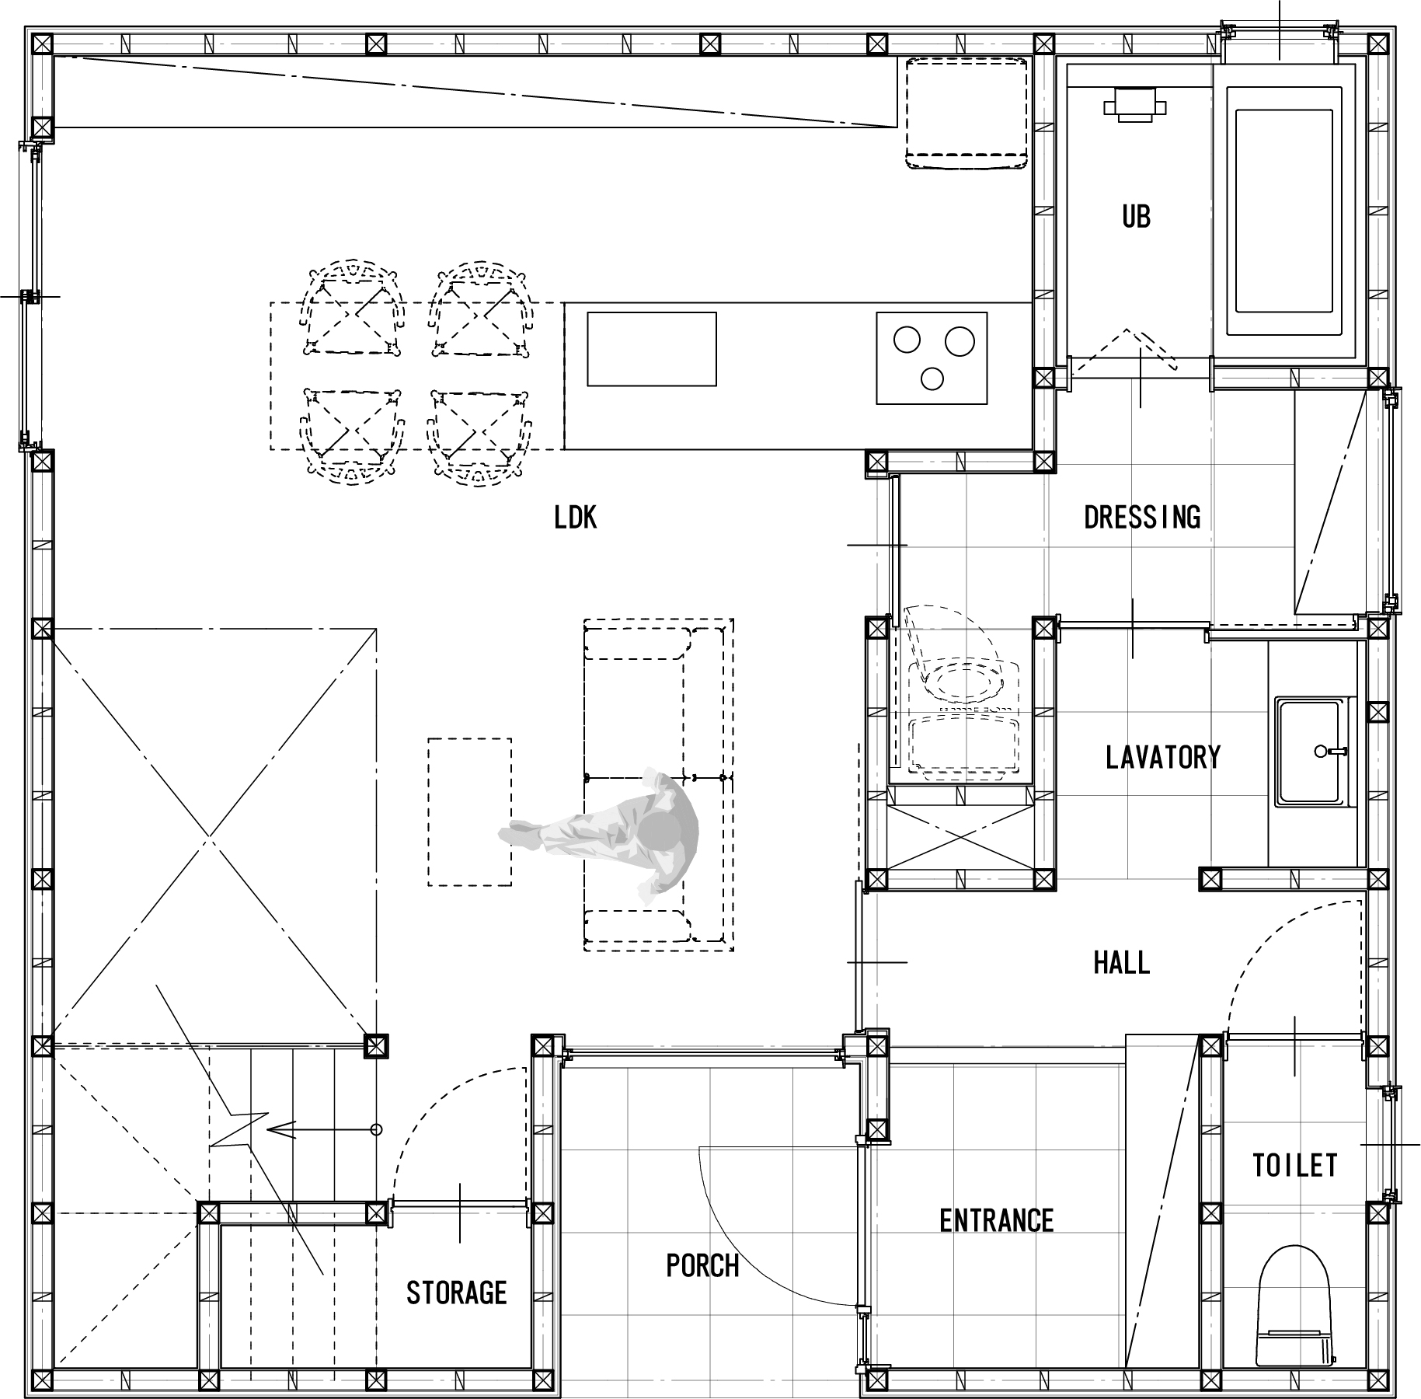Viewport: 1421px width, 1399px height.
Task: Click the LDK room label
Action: click(576, 518)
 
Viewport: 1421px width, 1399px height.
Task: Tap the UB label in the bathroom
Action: click(1136, 217)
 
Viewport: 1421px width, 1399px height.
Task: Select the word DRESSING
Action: click(1142, 517)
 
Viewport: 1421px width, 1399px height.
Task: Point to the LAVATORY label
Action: click(1163, 757)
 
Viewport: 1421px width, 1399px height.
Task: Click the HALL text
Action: click(1122, 964)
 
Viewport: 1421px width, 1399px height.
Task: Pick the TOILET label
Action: click(1295, 1165)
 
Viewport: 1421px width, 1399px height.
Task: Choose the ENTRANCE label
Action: click(997, 1221)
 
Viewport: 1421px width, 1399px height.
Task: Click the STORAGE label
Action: click(457, 1293)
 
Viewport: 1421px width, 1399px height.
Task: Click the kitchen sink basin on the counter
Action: click(652, 349)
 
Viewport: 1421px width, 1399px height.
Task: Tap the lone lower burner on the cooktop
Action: click(932, 378)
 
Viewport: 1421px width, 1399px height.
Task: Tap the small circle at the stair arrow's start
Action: click(377, 1129)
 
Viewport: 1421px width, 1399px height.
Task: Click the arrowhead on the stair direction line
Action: click(280, 1129)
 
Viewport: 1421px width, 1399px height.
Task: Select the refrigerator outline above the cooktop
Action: click(967, 112)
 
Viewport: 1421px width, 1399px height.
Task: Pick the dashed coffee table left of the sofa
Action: click(470, 812)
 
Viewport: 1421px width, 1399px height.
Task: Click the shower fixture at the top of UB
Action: click(1134, 103)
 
